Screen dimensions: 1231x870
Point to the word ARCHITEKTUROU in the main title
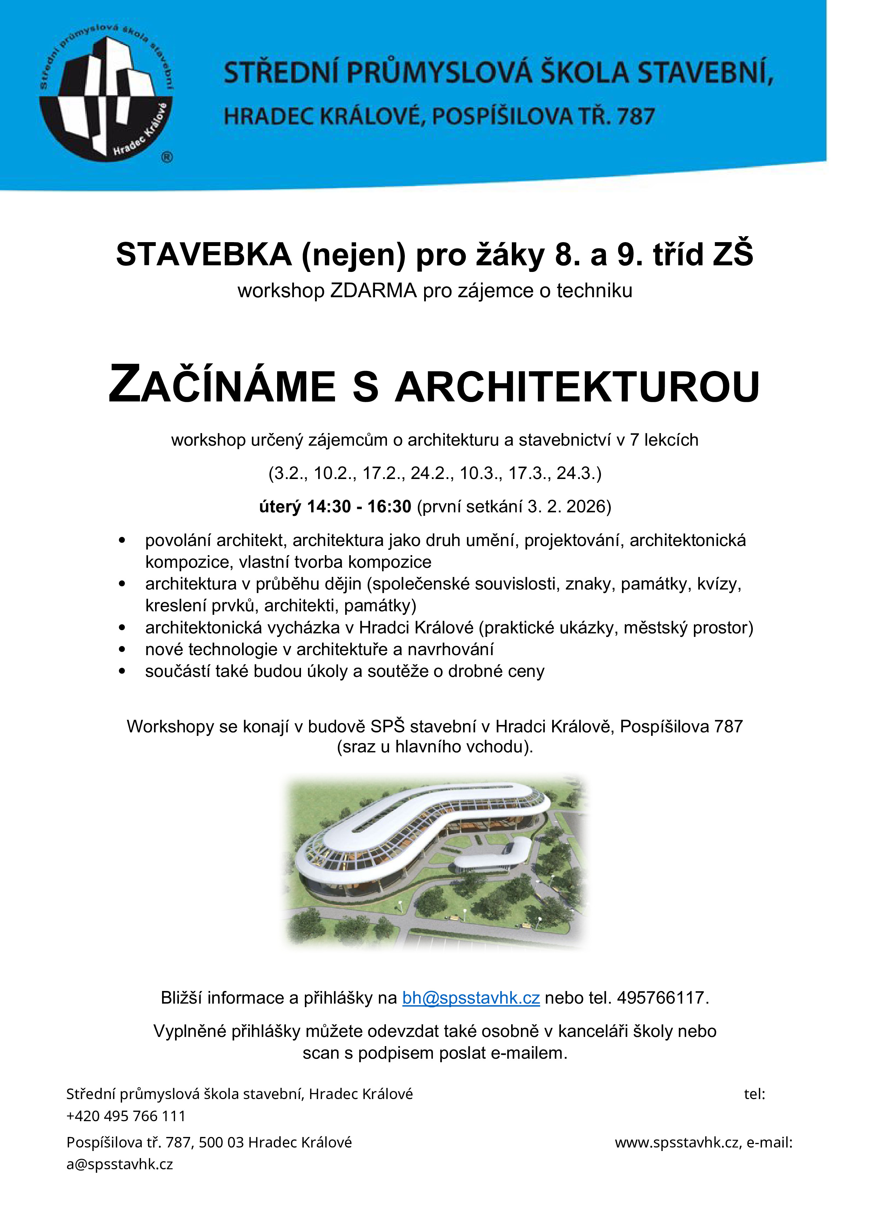[x=577, y=386]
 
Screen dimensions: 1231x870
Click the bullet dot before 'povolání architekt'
[x=122, y=540]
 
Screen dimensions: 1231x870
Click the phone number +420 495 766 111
[x=126, y=1116]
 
